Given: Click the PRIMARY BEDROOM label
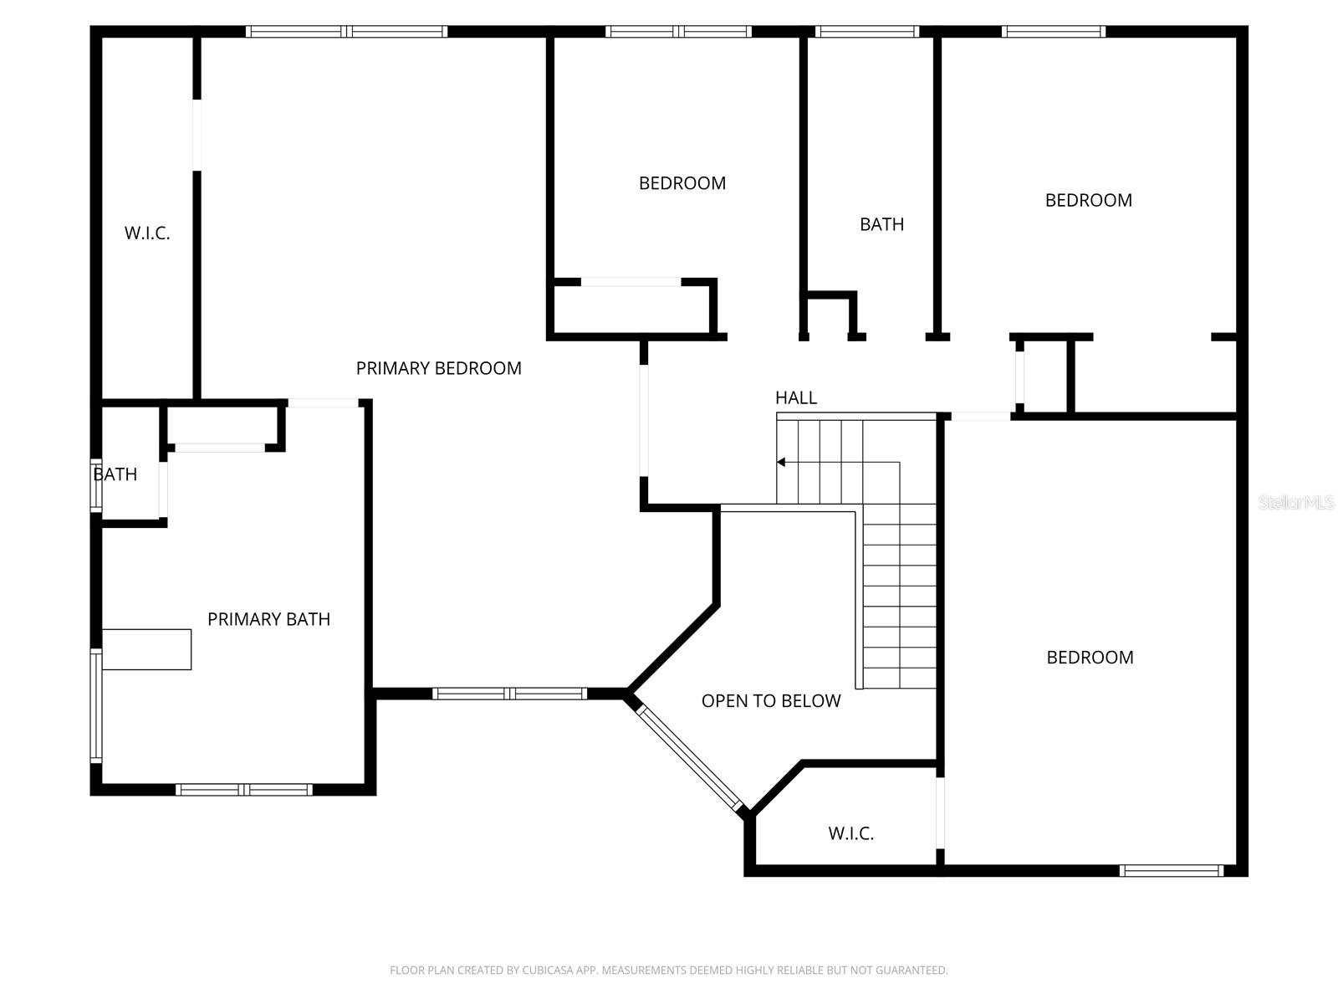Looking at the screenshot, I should pos(438,368).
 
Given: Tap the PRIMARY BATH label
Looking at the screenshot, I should pos(268,619).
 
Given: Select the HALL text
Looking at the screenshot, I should pos(795,398).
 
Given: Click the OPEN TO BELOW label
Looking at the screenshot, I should pos(770,701).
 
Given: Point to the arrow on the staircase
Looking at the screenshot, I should pos(781,462).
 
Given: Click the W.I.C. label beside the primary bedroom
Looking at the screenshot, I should pos(147,233).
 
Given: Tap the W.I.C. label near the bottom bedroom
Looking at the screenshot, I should pos(850,833).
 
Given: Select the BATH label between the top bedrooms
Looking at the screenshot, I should pos(881,224).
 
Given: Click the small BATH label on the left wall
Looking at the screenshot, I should pos(115,474).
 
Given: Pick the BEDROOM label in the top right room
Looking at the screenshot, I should pos(1088,200).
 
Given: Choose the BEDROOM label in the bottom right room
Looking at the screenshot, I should pos(1090,658).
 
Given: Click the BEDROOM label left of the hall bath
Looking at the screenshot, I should pos(682,183).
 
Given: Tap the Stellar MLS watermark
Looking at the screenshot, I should pos(1295,503).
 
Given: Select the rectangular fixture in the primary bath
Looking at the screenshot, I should pos(146,649).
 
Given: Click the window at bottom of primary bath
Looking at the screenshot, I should pos(243,789).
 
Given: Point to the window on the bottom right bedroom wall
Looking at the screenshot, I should pos(1171,871).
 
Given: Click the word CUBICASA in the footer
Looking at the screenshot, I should pos(548,971).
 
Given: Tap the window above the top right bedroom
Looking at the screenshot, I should pos(1053,32).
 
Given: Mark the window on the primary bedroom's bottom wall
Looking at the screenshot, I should pos(509,693).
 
